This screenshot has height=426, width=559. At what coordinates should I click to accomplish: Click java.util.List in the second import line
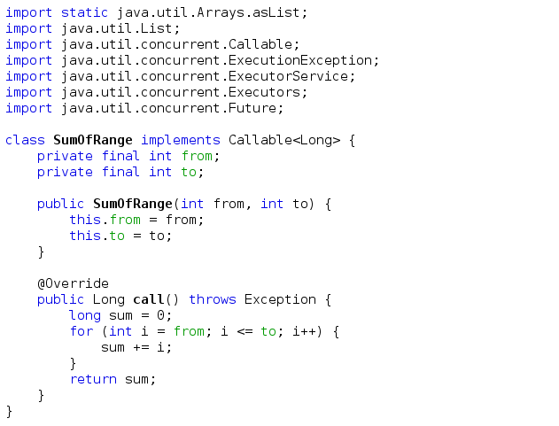109,28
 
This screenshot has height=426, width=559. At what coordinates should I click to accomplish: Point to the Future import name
255,108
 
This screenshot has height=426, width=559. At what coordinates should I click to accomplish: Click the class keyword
25,140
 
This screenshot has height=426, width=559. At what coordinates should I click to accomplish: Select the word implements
181,140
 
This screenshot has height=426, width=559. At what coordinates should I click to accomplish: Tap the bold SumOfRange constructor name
133,204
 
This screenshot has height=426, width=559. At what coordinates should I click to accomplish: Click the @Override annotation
73,283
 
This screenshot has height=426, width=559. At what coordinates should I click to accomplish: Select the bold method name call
149,299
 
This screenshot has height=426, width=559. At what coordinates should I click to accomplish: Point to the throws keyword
213,299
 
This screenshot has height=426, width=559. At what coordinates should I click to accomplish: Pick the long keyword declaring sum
85,315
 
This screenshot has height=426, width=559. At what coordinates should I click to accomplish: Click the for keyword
81,331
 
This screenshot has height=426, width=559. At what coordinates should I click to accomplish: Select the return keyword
93,379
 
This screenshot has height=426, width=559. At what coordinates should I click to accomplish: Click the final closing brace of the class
10,411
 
